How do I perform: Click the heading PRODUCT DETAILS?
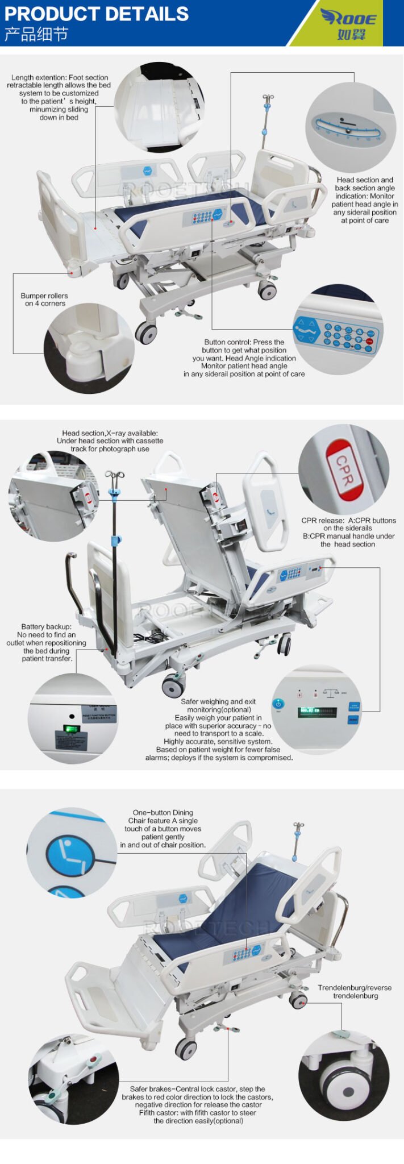pyautogui.click(x=96, y=14)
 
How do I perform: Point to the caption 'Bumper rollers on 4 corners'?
pyautogui.click(x=44, y=300)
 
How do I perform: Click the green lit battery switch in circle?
pyautogui.click(x=70, y=729)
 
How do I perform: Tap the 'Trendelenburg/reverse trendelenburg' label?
pyautogui.click(x=355, y=991)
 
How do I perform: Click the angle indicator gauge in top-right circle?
pyautogui.click(x=348, y=127)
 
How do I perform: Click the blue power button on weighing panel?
pyautogui.click(x=278, y=704)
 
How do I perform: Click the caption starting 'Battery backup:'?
pyautogui.click(x=46, y=642)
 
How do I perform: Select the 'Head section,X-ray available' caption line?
pyautogui.click(x=110, y=433)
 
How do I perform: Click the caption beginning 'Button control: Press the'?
pyautogui.click(x=244, y=342)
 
